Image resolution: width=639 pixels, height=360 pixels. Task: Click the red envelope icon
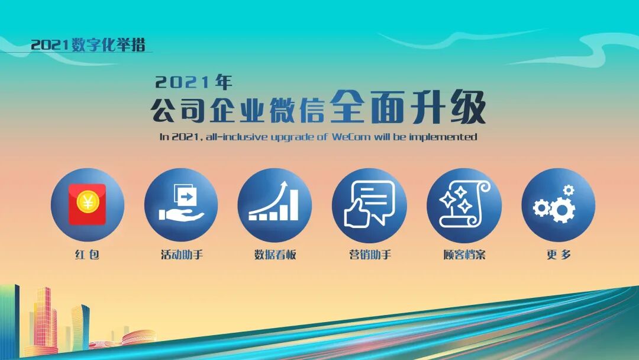point(87,204)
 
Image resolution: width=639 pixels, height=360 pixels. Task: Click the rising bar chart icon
point(274,204)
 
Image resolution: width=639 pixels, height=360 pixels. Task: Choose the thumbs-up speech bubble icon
point(369,204)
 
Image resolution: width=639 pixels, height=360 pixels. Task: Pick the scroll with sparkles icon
point(464,204)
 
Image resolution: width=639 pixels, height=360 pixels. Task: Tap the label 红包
point(87,255)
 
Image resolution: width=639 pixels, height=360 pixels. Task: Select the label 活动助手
point(181,255)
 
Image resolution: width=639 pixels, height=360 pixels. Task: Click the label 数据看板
point(275,255)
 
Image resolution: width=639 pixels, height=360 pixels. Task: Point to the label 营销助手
point(370,255)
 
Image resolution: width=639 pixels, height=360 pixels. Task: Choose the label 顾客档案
point(464,255)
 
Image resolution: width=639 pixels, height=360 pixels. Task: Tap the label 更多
point(559,255)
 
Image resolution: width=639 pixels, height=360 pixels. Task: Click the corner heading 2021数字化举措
point(88,45)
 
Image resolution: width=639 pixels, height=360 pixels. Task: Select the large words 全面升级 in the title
point(408,108)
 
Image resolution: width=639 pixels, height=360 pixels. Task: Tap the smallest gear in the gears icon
point(568,190)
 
